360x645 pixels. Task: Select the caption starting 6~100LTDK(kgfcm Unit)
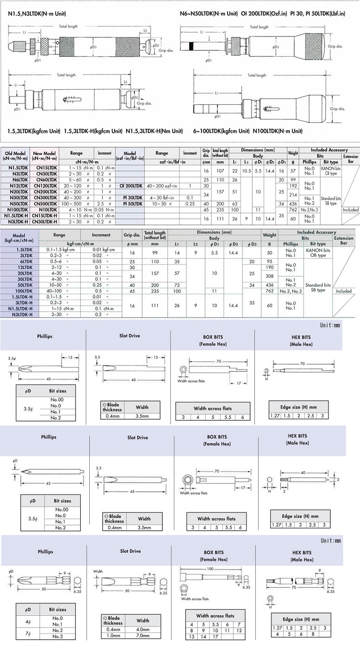[x=248, y=131]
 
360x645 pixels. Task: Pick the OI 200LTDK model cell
[x=128, y=184]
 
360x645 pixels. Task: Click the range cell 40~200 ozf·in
[x=162, y=184]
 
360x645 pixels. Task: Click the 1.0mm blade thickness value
[x=113, y=637]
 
